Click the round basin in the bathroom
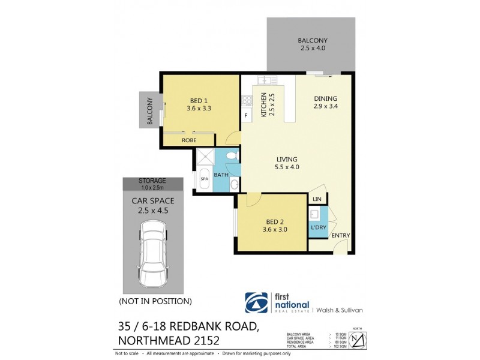235,184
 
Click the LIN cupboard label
317,199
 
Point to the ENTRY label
340,236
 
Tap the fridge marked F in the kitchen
245,115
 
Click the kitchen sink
265,80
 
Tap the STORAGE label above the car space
152,181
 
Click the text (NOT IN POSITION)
155,301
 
